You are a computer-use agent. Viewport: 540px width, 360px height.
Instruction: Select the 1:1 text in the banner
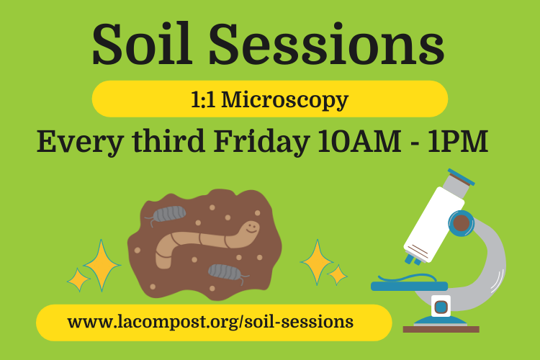pos(204,99)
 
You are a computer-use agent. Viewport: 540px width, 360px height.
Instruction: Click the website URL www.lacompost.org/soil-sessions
pos(210,321)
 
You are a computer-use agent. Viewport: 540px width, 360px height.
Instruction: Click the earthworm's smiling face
pos(250,228)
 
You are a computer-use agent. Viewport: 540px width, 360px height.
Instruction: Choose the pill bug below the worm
pos(225,271)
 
